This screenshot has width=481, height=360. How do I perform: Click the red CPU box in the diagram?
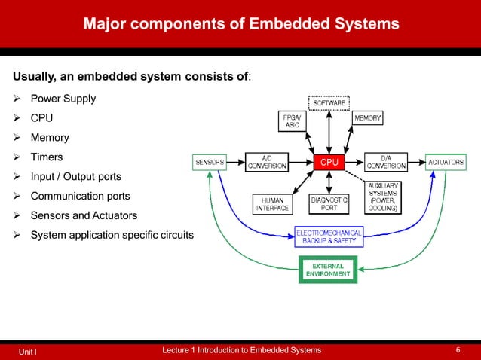[x=329, y=162]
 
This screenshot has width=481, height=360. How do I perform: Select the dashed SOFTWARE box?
[x=329, y=102]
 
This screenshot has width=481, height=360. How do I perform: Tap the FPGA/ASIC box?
[x=293, y=121]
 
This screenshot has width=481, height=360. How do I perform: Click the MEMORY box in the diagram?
[x=367, y=118]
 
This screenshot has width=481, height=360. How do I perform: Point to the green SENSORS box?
[x=209, y=162]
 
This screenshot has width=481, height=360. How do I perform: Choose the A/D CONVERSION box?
[x=267, y=162]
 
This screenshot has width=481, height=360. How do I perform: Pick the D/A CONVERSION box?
[x=386, y=162]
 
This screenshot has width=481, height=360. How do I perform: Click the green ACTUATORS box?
[x=446, y=162]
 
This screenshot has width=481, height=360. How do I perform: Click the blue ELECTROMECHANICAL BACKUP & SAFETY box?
[x=329, y=238]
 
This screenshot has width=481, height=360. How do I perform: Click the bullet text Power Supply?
[x=63, y=99]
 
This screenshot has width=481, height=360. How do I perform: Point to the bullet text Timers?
[x=46, y=157]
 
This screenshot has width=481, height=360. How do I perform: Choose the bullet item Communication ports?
[x=80, y=197]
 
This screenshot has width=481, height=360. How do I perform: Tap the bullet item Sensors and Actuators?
[x=84, y=216]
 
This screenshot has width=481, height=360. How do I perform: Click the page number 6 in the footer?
[x=458, y=350]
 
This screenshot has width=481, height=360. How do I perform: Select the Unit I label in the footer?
[x=29, y=352]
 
